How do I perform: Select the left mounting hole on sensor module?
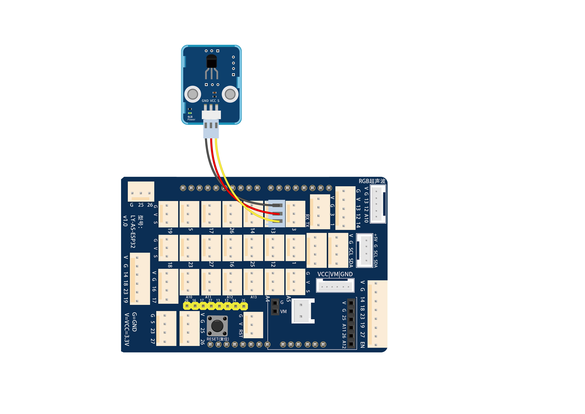[192, 94]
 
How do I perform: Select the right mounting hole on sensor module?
[230, 94]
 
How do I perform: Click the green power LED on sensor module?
[190, 113]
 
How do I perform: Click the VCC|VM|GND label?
[335, 274]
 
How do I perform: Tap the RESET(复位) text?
[218, 339]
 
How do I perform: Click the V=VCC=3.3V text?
[127, 329]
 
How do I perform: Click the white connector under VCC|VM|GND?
[335, 285]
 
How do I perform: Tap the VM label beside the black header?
[283, 312]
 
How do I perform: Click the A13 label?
[253, 297]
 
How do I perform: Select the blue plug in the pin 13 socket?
[275, 214]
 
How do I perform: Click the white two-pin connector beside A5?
[303, 311]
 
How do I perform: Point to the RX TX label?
[307, 220]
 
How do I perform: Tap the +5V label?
[376, 238]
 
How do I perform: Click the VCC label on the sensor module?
[213, 101]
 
